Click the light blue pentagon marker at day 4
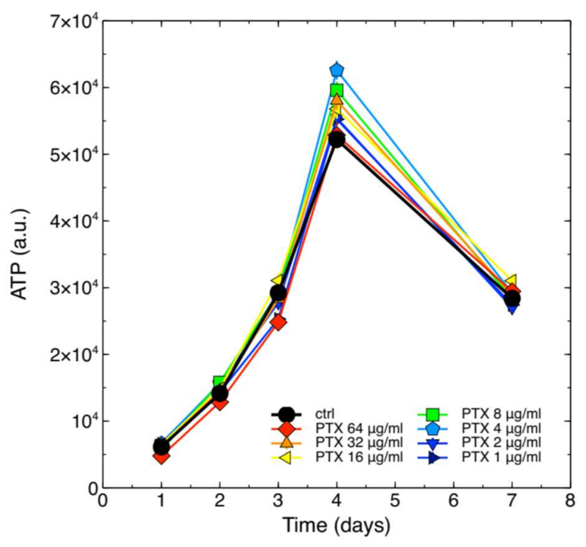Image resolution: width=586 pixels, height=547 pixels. (x=337, y=70)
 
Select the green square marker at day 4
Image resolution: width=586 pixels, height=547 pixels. (x=337, y=90)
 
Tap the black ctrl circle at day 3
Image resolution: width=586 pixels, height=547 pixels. (x=278, y=293)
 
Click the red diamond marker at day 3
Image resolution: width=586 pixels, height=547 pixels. (x=278, y=322)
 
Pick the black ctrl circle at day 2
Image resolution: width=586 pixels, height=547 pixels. (x=220, y=394)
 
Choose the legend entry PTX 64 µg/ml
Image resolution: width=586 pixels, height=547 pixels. (x=359, y=428)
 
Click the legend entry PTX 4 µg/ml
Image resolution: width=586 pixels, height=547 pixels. (x=501, y=428)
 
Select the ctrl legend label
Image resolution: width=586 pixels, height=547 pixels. (x=325, y=414)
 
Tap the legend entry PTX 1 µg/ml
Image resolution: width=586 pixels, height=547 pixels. (x=501, y=457)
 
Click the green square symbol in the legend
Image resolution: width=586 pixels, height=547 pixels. (x=433, y=414)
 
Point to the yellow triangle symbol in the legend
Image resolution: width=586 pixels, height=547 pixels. (x=286, y=457)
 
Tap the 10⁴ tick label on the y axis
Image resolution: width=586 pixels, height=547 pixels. (x=83, y=421)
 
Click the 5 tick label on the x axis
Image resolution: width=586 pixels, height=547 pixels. (x=395, y=501)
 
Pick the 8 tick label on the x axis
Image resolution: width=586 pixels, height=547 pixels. (x=570, y=501)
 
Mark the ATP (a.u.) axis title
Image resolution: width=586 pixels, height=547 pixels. (x=19, y=254)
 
